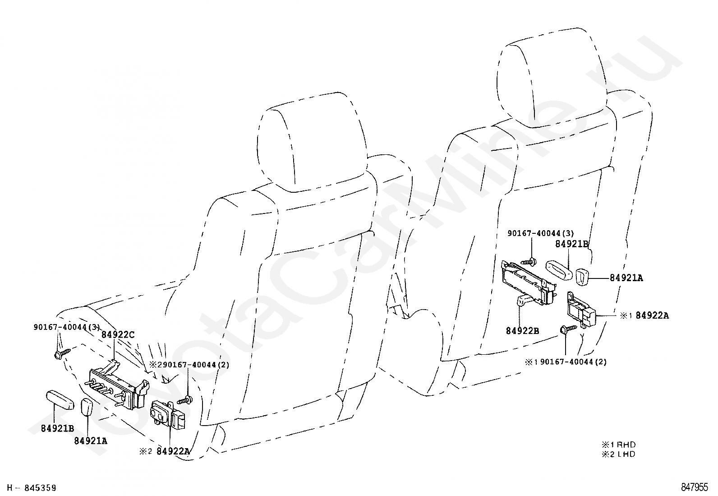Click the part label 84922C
[118, 335]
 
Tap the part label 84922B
[522, 331]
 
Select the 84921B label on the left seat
[57, 429]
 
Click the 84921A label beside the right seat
[626, 278]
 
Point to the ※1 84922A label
[644, 316]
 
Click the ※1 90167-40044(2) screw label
[566, 362]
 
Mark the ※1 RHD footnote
[618, 445]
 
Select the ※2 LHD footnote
[618, 454]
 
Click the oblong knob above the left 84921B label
[60, 400]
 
